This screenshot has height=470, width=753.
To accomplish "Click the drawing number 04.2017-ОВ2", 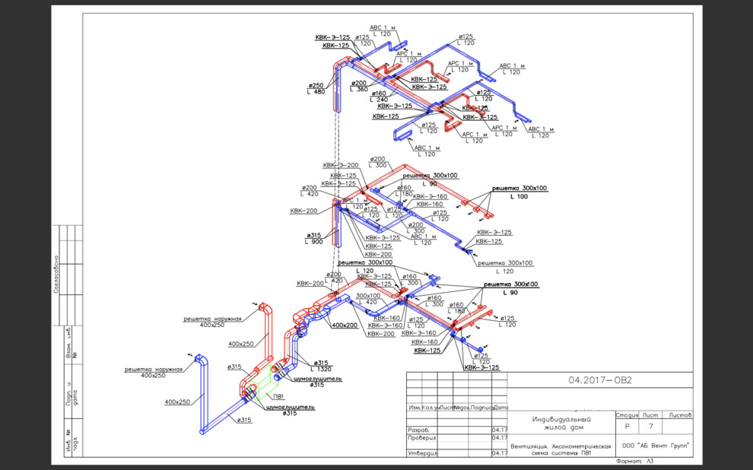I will pyautogui.click(x=600, y=380).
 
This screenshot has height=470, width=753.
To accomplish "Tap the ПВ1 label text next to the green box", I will pyautogui.click(x=279, y=397).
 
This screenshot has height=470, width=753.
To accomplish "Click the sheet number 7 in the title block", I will pyautogui.click(x=650, y=427).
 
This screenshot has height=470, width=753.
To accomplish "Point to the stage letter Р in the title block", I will pyautogui.click(x=627, y=427).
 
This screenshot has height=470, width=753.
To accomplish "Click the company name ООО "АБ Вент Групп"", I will pyautogui.click(x=655, y=446).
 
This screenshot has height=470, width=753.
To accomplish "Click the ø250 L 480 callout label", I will pyautogui.click(x=316, y=88).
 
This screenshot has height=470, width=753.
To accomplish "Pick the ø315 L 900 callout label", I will pyautogui.click(x=314, y=238).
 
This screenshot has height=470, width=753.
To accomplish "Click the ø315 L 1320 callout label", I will pyautogui.click(x=321, y=366).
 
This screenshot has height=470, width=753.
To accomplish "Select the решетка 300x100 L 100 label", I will pyautogui.click(x=519, y=192).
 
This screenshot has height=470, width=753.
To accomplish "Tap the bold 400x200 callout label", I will pyautogui.click(x=345, y=325).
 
